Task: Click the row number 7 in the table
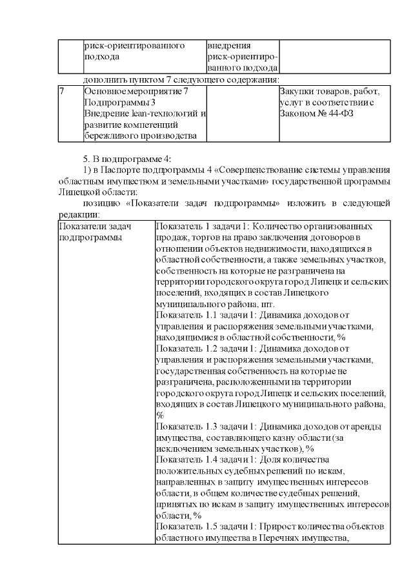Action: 61,92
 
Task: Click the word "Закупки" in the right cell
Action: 297,92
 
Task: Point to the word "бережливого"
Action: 111,136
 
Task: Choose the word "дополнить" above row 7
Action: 105,80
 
